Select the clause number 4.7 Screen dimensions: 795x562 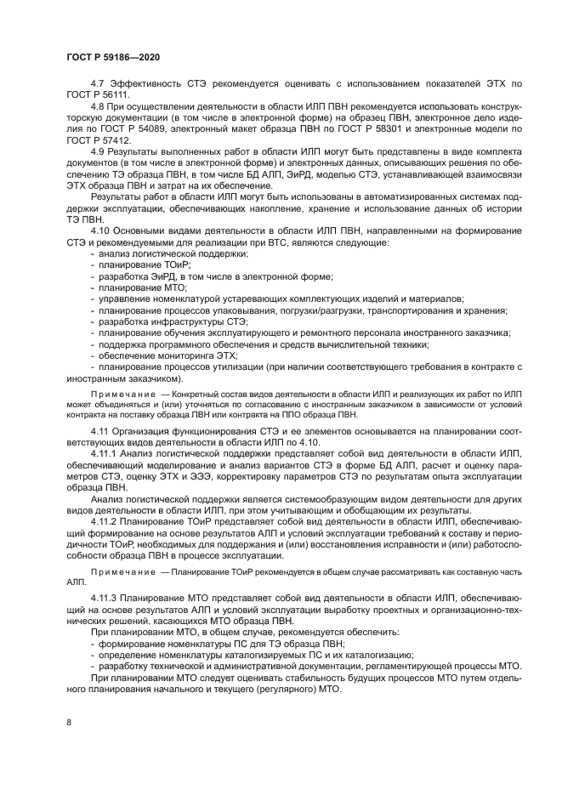[x=99, y=84]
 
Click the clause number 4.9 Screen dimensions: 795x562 [x=99, y=151]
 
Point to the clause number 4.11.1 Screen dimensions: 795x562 [x=105, y=455]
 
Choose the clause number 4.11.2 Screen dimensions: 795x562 [x=105, y=521]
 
